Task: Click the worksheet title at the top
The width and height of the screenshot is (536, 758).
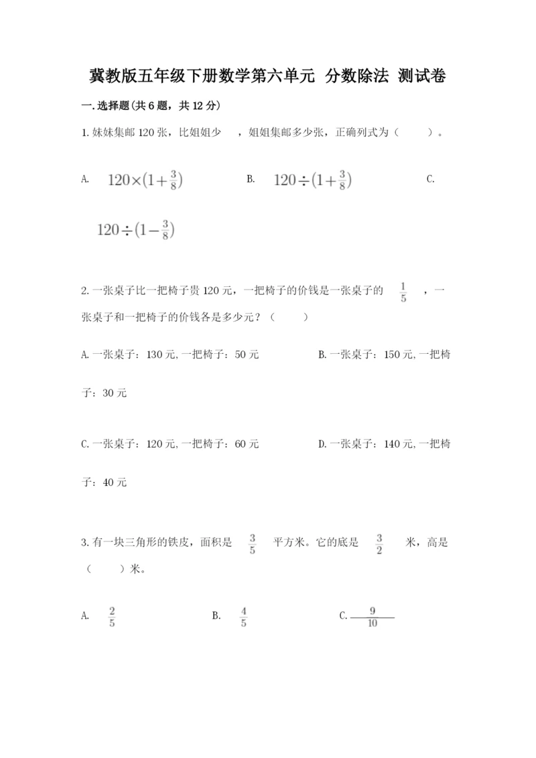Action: [x=268, y=76]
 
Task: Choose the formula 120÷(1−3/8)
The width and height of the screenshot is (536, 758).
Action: [x=136, y=230]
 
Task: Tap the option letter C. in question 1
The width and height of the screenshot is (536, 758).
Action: [x=430, y=179]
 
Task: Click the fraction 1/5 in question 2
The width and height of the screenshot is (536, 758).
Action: [x=403, y=292]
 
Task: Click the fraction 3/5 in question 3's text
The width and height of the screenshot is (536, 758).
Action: [x=253, y=545]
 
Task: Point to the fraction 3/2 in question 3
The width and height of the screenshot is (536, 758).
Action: [x=379, y=545]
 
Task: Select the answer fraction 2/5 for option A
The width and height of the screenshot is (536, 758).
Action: [x=112, y=617]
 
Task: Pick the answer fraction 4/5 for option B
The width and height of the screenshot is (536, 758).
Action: [x=243, y=617]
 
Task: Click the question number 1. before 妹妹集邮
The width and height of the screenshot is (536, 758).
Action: [x=84, y=133]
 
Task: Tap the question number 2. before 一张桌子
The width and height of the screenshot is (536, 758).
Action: [x=84, y=290]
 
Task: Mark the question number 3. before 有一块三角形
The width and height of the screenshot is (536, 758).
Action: [x=84, y=544]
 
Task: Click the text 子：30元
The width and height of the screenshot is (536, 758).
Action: [x=104, y=393]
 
